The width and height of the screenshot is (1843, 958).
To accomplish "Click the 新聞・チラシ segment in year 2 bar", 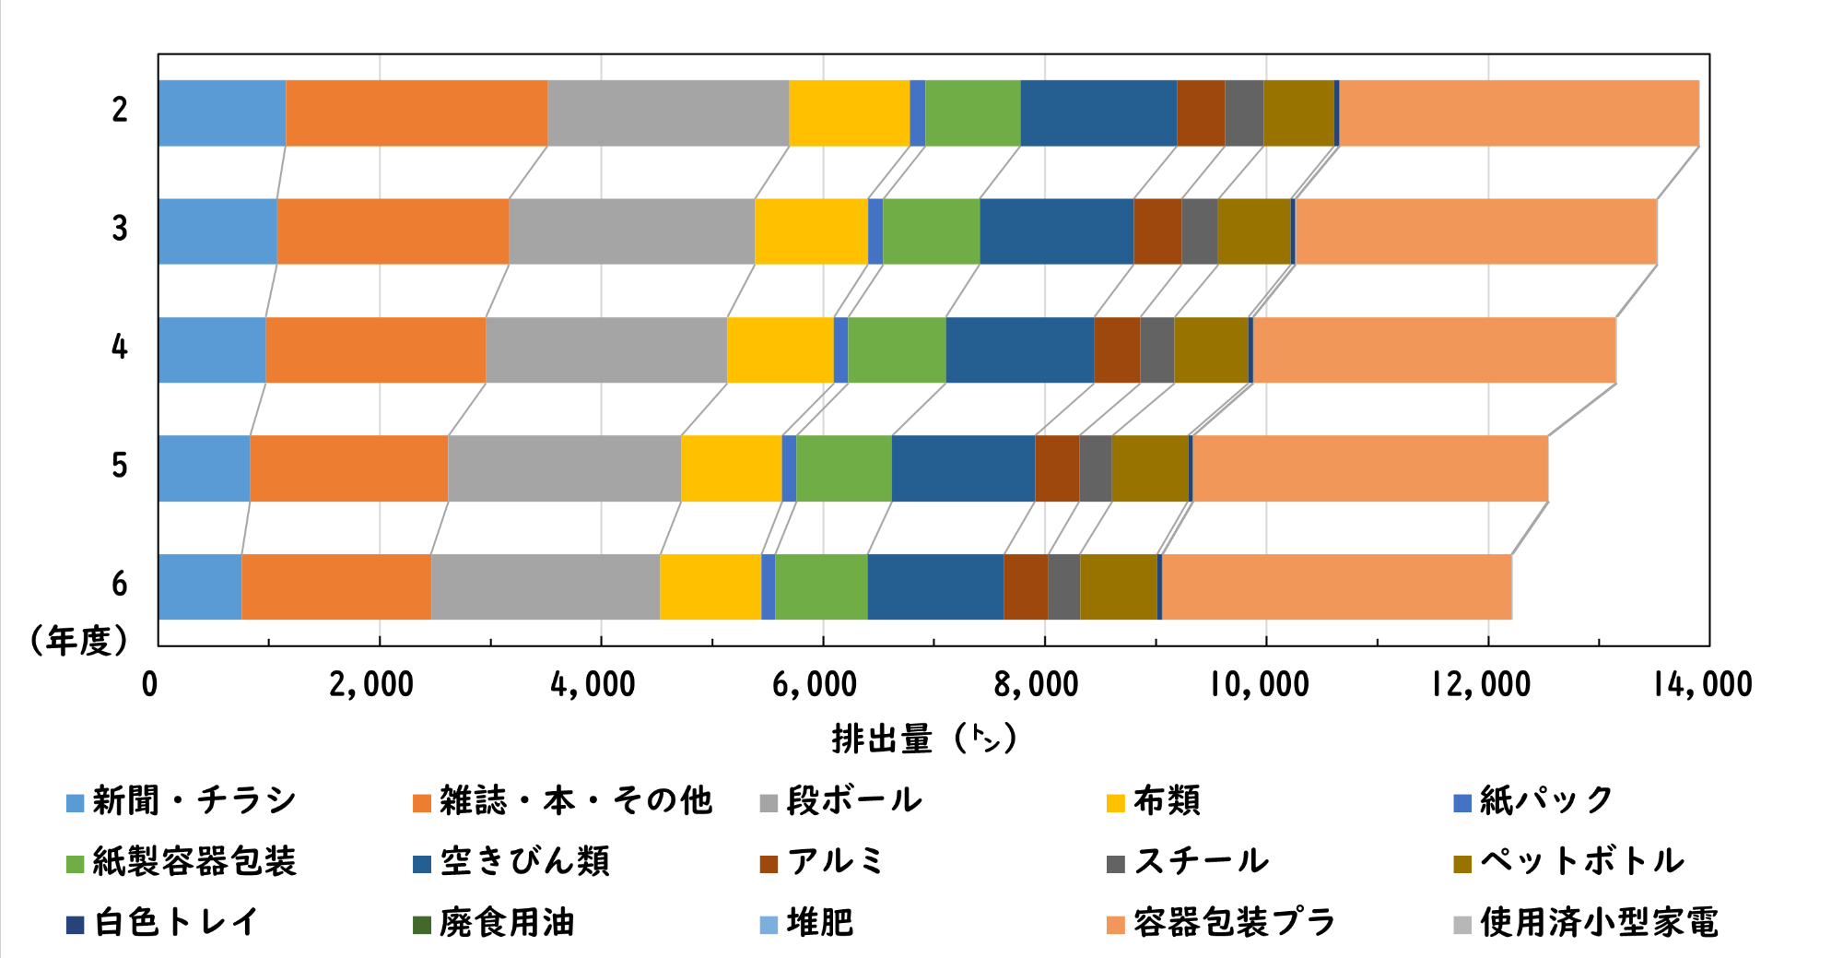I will [221, 112].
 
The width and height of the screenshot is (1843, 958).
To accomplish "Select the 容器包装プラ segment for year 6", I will [1336, 586].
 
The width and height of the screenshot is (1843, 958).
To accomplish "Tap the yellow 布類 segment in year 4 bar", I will [780, 349].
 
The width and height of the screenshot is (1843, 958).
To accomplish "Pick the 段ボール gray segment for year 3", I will [631, 231].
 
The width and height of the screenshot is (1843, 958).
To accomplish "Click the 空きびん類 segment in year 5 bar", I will [963, 468].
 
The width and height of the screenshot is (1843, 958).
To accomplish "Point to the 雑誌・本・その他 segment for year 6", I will [335, 586].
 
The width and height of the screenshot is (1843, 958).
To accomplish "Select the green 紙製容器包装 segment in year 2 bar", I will [972, 112].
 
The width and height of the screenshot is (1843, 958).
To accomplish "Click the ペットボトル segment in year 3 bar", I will [1253, 231].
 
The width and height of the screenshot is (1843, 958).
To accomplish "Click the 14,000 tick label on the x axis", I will [1702, 685].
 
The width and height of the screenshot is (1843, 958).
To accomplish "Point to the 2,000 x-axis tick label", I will [371, 685].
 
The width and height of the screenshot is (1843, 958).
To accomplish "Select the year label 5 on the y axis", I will [120, 466].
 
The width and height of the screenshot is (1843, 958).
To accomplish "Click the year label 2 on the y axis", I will [120, 111].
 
